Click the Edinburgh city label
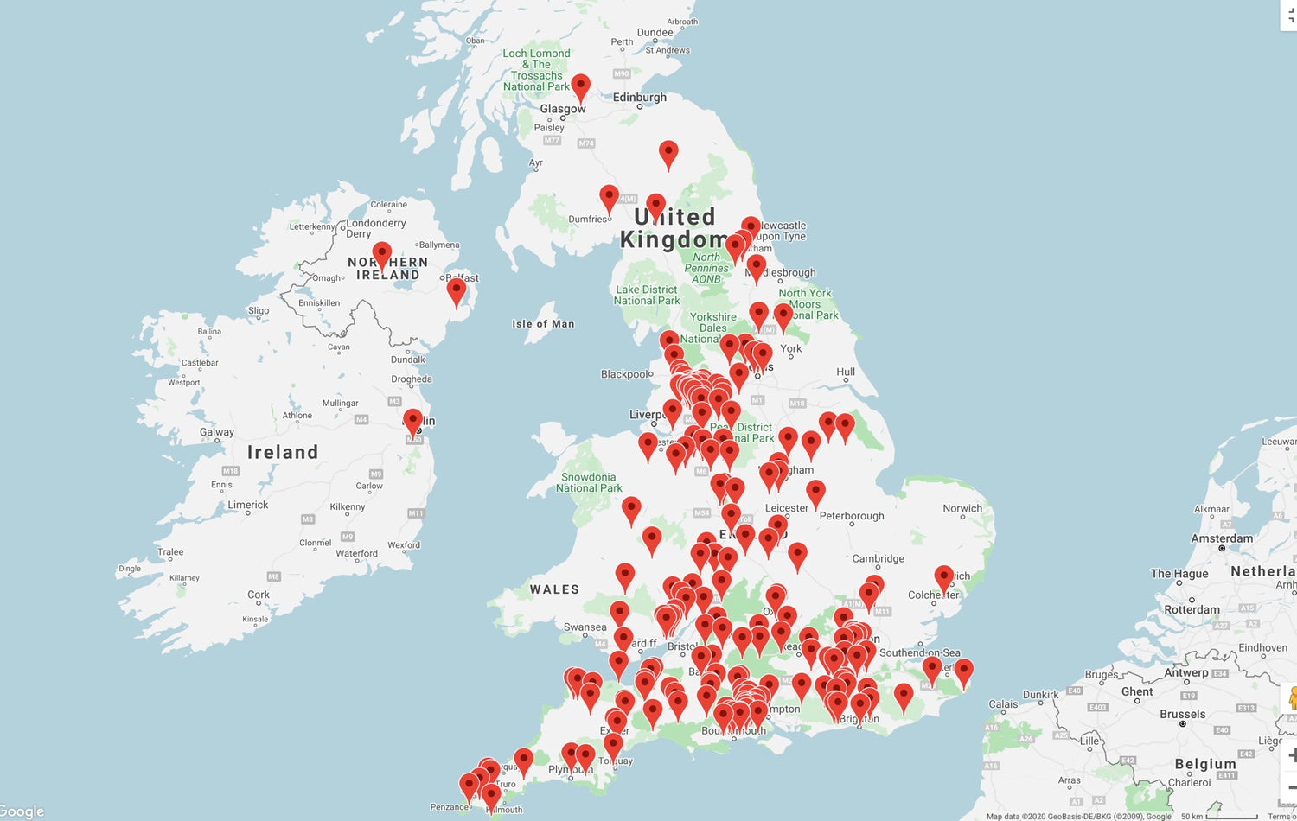tap(640, 98)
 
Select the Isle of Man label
tap(543, 324)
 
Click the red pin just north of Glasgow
tap(581, 86)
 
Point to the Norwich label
tap(962, 509)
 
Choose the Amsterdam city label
tap(1222, 538)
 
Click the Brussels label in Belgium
tap(1182, 715)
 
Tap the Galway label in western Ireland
tap(216, 432)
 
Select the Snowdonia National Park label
tap(589, 482)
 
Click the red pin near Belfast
tap(457, 291)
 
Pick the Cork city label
tap(259, 595)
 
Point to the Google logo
tap(22, 811)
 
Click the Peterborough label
tap(852, 516)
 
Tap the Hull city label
tap(846, 372)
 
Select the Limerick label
tap(248, 506)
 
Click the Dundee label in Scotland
tap(655, 33)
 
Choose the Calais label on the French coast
tap(1003, 704)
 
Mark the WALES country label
tap(554, 589)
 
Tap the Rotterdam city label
tap(1192, 609)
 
